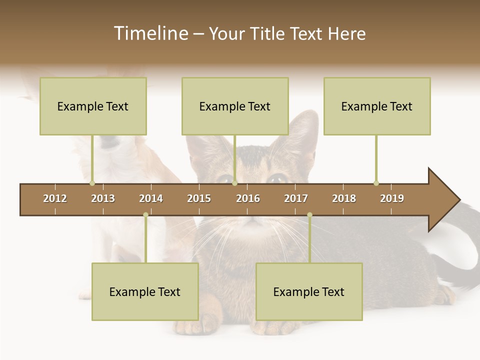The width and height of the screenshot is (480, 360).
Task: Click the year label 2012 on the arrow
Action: click(x=55, y=198)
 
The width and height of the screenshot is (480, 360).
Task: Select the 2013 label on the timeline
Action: click(x=103, y=198)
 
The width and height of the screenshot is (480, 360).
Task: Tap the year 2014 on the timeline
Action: click(x=151, y=198)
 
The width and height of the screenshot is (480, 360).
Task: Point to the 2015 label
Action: click(x=199, y=198)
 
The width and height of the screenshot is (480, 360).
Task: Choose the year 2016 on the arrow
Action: click(x=248, y=198)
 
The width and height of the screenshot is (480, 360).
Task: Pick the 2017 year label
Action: click(x=296, y=198)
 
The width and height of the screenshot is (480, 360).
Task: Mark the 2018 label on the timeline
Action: click(x=344, y=198)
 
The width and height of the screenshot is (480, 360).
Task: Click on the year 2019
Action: click(x=392, y=198)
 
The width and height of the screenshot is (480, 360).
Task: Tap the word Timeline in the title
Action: click(x=150, y=33)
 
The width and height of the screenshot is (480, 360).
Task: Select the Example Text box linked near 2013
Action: click(x=93, y=106)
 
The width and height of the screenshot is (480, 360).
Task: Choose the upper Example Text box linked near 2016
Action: click(x=235, y=106)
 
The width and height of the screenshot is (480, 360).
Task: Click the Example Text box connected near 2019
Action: click(x=377, y=106)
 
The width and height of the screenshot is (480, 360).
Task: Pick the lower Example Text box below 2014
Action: click(x=145, y=291)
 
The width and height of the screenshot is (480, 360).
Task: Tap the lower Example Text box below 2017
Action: click(x=309, y=291)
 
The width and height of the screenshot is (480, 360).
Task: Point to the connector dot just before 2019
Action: click(x=376, y=183)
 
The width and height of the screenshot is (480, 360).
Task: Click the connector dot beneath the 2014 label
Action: click(x=145, y=215)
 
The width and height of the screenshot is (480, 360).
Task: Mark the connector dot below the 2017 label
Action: click(x=309, y=215)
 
